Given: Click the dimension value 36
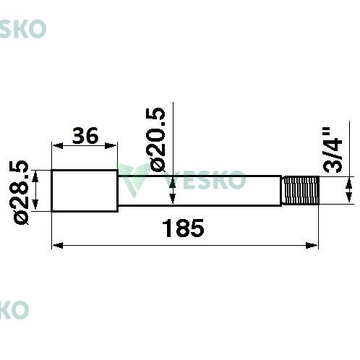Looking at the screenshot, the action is click(x=85, y=136).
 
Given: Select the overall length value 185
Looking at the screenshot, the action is click(x=183, y=228).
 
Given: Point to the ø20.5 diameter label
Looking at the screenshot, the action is click(x=155, y=140).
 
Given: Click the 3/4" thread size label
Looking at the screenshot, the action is click(x=333, y=150).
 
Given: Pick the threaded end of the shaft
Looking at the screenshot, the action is click(x=301, y=190).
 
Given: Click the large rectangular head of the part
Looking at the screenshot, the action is click(x=85, y=191).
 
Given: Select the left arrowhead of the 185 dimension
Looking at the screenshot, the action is click(x=58, y=246).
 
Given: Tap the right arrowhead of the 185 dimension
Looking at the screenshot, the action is click(x=312, y=246).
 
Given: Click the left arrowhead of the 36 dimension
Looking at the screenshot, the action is click(x=58, y=145).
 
